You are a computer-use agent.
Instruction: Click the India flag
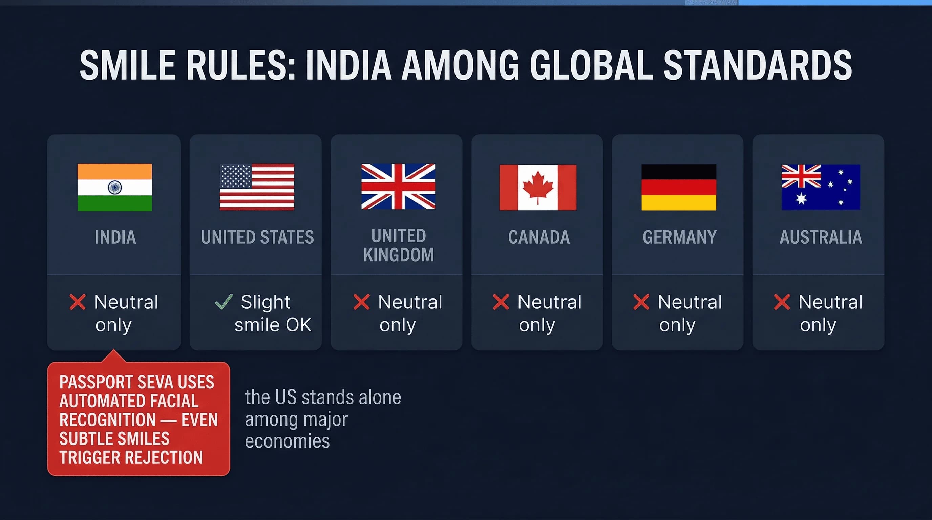[115, 187]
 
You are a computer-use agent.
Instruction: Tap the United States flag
[257, 187]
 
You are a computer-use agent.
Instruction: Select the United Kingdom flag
[398, 187]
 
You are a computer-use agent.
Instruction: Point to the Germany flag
[679, 187]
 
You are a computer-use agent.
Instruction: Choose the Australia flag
[821, 187]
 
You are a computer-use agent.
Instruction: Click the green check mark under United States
[224, 302]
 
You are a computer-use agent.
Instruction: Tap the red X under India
[78, 302]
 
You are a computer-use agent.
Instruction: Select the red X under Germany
[641, 302]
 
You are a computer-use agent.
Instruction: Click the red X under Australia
[782, 302]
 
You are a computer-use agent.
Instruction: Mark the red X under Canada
[501, 302]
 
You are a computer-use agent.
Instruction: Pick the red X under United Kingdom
[361, 302]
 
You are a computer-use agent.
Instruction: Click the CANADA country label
[539, 237]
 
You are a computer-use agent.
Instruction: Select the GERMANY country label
[679, 237]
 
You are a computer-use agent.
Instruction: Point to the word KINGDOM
[398, 255]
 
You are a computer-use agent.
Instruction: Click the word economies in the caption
[287, 441]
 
